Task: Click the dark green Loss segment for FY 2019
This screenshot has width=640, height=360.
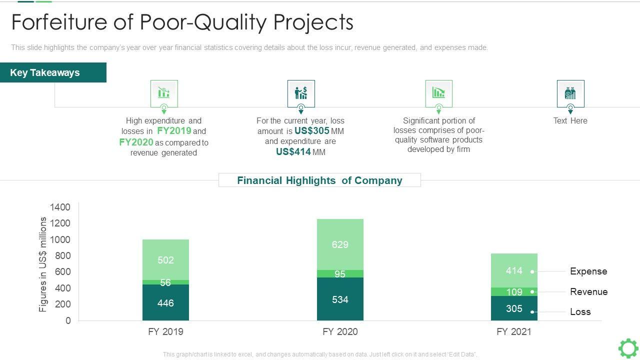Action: [165, 302]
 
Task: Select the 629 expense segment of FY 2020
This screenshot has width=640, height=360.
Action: [340, 244]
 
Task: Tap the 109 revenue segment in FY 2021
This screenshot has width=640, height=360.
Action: [514, 291]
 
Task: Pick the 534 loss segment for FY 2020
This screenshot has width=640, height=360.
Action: [340, 299]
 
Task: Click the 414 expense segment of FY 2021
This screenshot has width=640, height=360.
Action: [514, 270]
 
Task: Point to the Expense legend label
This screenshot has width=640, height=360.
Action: [588, 271]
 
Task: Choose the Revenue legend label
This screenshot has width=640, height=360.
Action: [588, 292]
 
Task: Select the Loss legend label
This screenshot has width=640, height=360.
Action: [580, 312]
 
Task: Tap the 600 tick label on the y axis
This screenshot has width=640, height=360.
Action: [62, 272]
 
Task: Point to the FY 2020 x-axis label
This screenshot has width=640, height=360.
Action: [340, 331]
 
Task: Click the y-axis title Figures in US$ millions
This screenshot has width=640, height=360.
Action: [43, 264]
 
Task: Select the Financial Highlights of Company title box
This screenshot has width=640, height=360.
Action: [319, 180]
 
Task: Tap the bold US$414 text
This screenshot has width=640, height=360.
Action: [293, 152]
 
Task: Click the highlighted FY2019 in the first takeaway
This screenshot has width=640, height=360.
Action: [174, 131]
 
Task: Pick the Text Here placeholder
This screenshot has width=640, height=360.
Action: [570, 120]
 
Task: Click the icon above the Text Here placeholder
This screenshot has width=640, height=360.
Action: [570, 93]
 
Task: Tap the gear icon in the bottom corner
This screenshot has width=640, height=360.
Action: [628, 348]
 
